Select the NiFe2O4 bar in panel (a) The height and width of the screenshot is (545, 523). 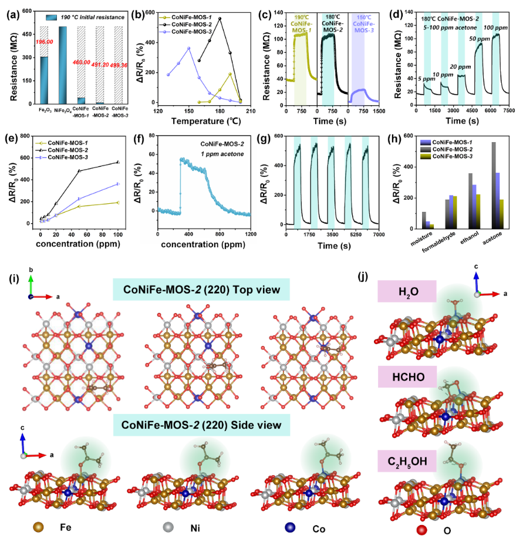63,65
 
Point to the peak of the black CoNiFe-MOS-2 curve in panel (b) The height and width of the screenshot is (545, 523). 220,18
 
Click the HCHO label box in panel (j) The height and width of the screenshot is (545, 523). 404,376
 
